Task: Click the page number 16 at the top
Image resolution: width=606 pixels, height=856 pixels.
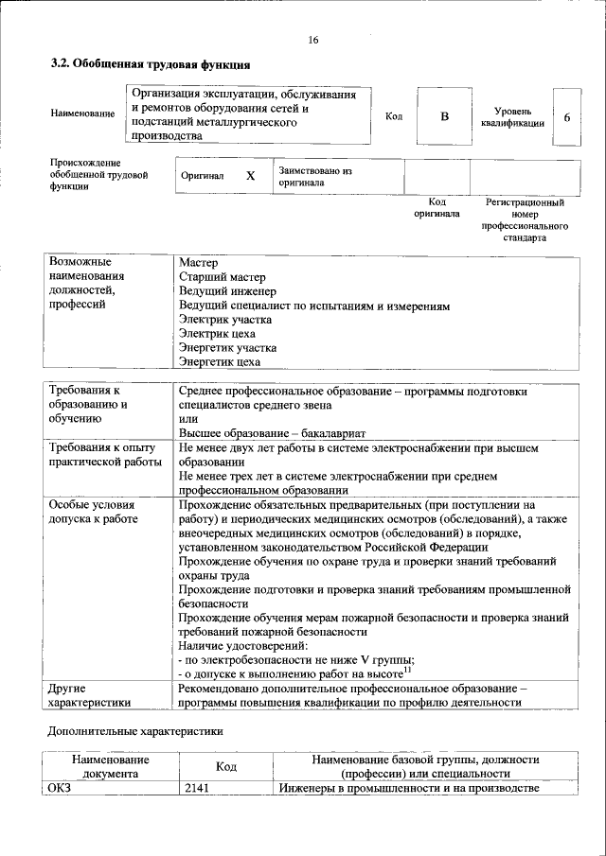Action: click(x=313, y=39)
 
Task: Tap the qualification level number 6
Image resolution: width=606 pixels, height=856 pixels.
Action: click(x=566, y=117)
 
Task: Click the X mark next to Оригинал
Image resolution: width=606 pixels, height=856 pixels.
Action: click(x=250, y=176)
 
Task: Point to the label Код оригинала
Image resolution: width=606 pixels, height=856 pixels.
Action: click(x=437, y=207)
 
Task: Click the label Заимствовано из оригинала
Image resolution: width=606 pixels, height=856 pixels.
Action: click(x=314, y=176)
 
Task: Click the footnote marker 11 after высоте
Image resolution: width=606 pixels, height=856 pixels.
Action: click(x=407, y=669)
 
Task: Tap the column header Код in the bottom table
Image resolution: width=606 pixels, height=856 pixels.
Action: click(x=225, y=766)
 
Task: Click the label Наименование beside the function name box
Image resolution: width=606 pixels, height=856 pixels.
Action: click(x=83, y=114)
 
